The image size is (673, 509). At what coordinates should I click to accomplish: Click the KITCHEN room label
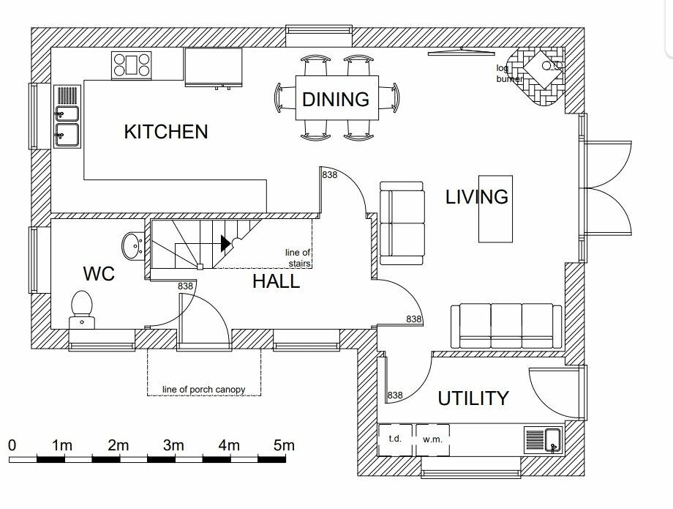click(165, 131)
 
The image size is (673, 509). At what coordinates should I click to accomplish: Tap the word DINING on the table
click(336, 99)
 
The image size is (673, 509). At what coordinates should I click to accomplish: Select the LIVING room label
click(477, 197)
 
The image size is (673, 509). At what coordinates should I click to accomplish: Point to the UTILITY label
click(473, 398)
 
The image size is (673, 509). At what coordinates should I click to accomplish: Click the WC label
click(99, 274)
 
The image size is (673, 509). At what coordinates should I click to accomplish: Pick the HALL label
click(276, 281)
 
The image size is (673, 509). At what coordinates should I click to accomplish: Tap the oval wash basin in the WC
click(132, 246)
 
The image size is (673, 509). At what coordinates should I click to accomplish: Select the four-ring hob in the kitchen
click(132, 65)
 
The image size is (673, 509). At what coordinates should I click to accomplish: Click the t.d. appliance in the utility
click(395, 439)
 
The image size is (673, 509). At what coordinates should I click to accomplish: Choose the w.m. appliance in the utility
click(432, 439)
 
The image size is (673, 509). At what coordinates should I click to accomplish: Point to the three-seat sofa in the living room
click(506, 326)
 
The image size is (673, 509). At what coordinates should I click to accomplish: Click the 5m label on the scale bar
click(284, 445)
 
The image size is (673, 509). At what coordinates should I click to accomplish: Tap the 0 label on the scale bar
click(12, 445)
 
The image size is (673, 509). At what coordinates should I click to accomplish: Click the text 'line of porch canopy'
click(204, 390)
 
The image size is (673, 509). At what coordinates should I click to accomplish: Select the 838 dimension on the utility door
click(395, 395)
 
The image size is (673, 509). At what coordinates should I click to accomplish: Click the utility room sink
click(543, 440)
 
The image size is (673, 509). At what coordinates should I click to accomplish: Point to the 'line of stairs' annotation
click(298, 258)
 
